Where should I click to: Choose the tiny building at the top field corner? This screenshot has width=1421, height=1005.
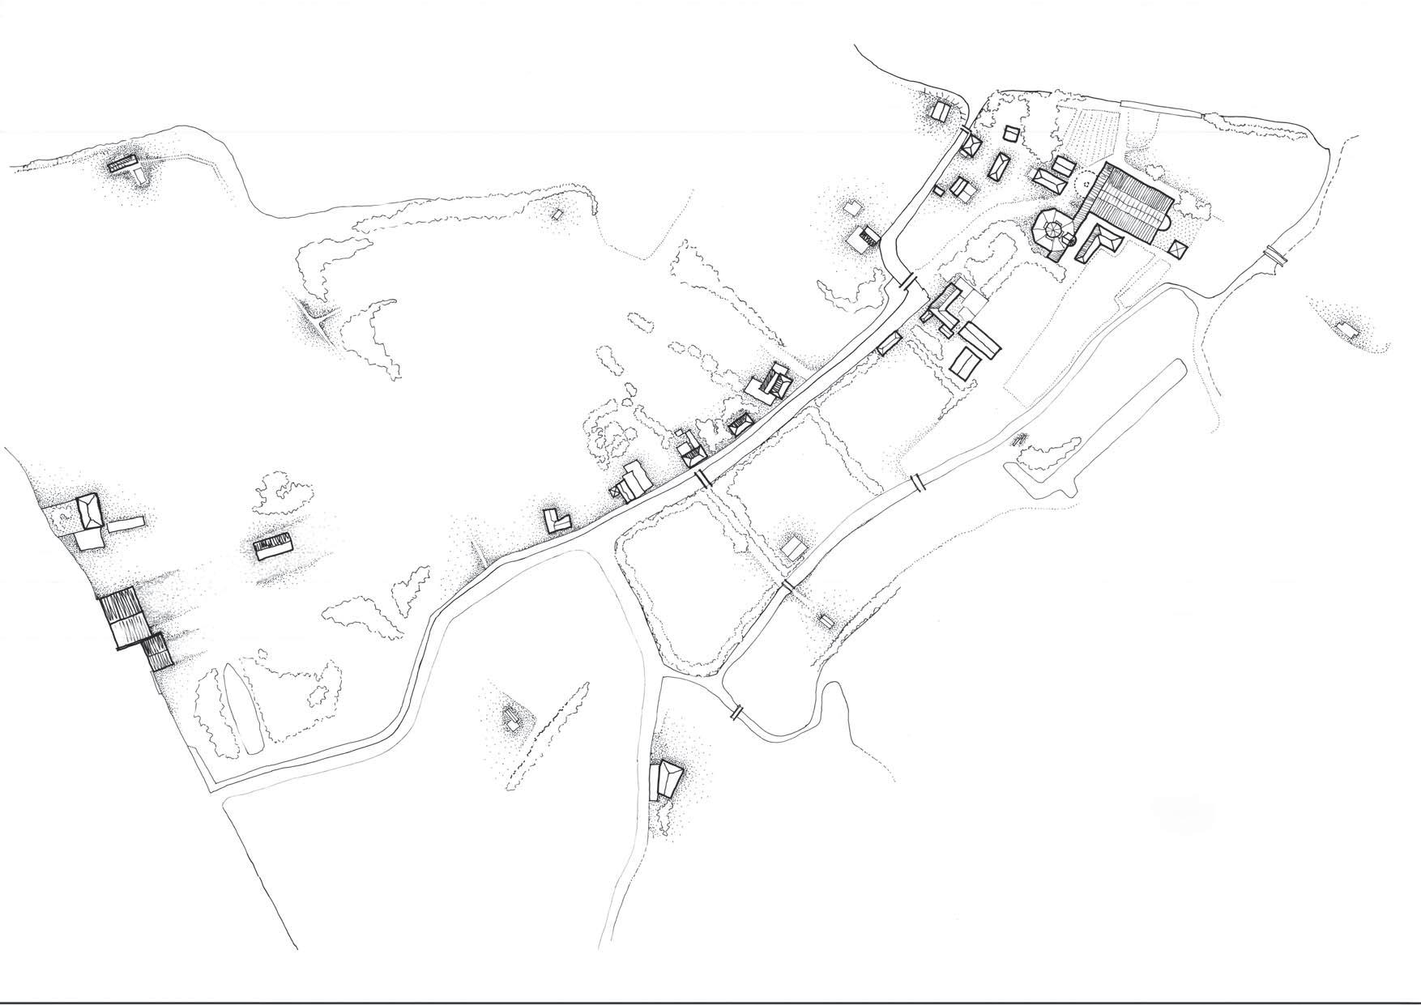[x=557, y=215]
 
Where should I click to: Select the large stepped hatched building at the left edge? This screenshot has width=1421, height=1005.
[x=132, y=628]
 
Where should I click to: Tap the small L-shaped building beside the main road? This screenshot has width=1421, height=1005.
[x=558, y=520]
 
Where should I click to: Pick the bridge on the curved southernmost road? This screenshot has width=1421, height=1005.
[x=736, y=712]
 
